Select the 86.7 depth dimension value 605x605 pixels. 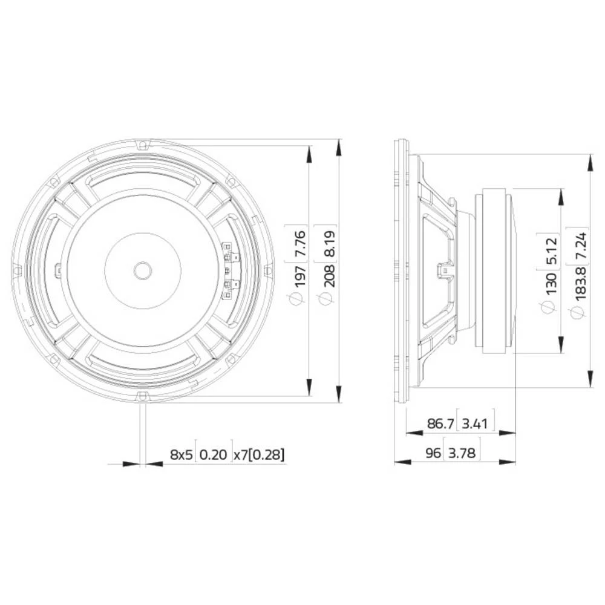click(440, 423)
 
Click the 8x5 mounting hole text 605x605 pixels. click(181, 454)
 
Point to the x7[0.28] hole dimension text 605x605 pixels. click(259, 454)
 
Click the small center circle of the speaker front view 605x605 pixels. click(143, 270)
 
